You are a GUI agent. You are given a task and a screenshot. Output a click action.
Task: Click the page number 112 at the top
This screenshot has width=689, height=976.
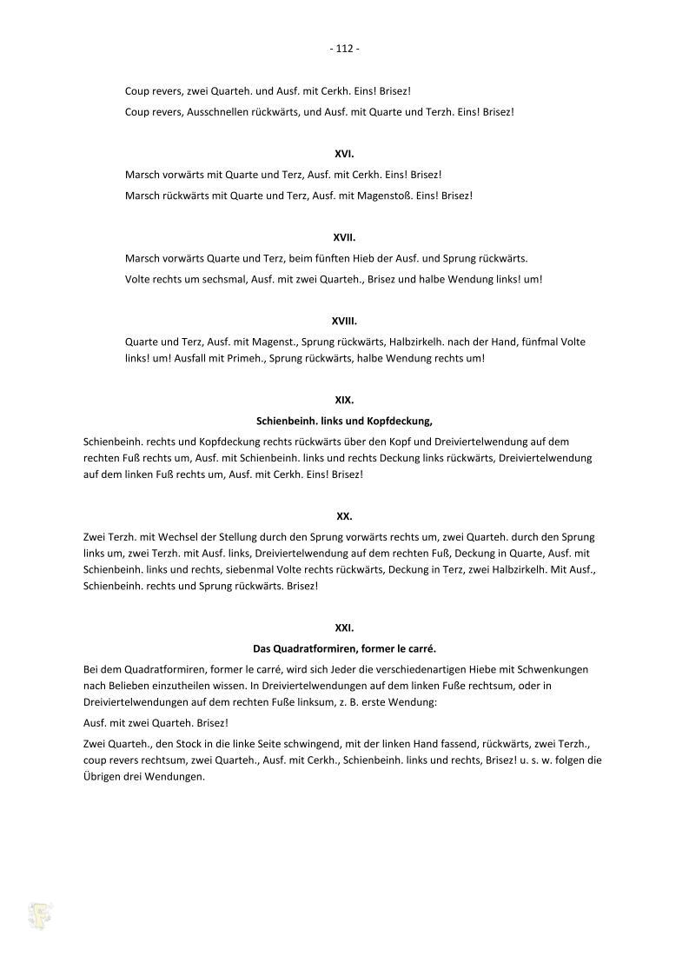[345, 49]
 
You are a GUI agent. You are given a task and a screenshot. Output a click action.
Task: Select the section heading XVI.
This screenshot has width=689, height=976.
[345, 153]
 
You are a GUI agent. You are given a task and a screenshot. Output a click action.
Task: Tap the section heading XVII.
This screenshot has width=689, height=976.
[345, 236]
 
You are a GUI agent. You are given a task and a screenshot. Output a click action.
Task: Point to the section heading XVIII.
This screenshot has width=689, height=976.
[345, 320]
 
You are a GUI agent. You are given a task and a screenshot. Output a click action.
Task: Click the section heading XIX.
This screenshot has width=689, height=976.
[345, 400]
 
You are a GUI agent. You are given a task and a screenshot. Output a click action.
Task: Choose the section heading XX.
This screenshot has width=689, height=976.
[345, 515]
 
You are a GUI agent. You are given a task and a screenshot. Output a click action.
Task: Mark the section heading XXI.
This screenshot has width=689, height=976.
[345, 627]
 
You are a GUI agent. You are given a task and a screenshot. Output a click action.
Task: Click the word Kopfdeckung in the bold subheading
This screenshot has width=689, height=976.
[403, 421]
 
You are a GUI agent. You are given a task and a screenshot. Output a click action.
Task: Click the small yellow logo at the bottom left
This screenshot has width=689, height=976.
[40, 914]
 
